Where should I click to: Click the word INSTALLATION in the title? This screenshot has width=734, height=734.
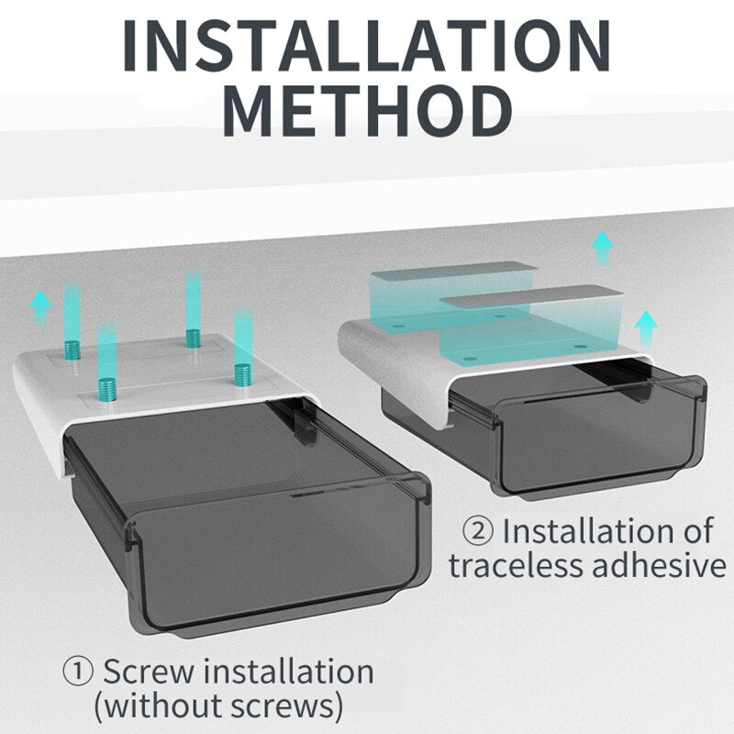coord(367,46)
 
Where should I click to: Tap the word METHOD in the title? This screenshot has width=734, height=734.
coord(368,111)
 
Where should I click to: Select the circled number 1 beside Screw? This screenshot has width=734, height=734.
coord(78,673)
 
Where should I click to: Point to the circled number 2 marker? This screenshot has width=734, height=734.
coord(477,532)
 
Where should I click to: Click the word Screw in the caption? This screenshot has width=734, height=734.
coord(148,672)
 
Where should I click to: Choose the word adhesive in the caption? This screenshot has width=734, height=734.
coord(659,565)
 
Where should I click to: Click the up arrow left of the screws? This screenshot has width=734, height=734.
coord(41,306)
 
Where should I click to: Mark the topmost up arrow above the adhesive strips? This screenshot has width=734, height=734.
coord(603,248)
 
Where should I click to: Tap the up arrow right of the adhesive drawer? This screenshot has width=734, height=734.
coord(647,328)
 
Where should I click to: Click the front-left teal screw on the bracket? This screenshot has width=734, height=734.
coord(107,388)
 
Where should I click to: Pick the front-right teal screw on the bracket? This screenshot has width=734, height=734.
coord(243,375)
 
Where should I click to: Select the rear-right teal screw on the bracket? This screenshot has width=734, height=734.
coord(194,339)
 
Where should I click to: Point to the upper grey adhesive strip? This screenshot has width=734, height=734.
coord(453,272)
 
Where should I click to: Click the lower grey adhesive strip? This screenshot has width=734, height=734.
coord(534,297)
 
